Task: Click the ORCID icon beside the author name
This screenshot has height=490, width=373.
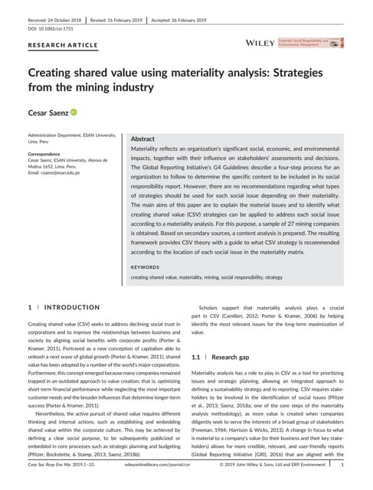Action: point(74,113)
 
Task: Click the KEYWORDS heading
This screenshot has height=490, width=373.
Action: point(146,267)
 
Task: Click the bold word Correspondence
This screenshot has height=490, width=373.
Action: point(45,152)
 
